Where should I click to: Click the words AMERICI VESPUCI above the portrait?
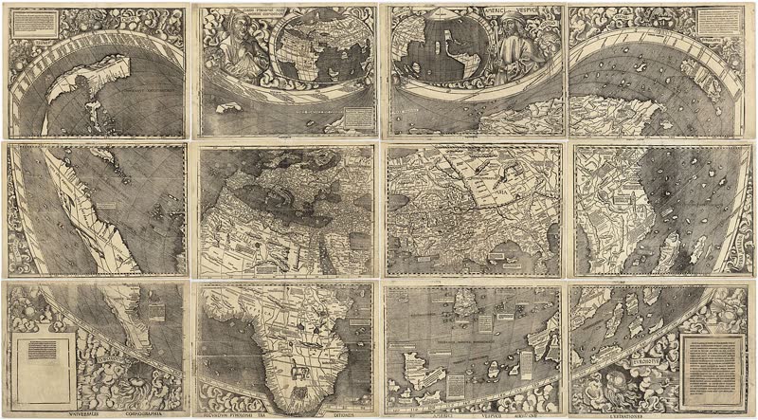pos(512,11)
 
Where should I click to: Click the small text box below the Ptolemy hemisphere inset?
pos(358,116)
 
